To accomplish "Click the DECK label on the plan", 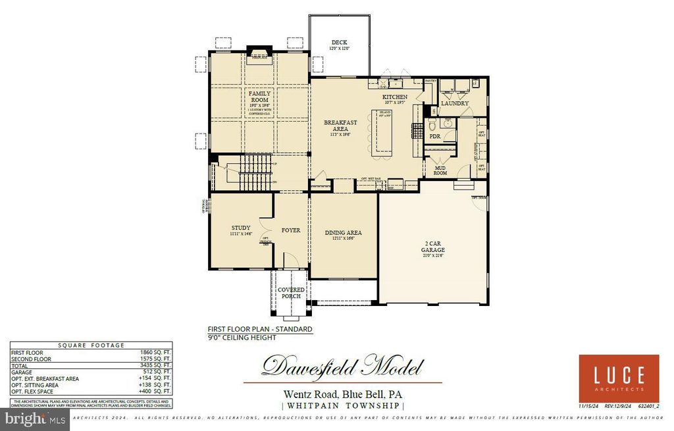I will pos(339,43).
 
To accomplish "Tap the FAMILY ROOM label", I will pos(259,97).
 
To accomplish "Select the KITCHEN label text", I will pos(395,97).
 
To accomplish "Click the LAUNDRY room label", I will pos(454,103).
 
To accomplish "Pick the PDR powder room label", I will pos(434,136).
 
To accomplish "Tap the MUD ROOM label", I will pos(440,170).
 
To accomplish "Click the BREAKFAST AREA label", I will pos(340,126).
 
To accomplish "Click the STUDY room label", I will pos(240,228).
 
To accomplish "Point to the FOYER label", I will pos(291,231).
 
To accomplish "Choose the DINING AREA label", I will pos(343,233).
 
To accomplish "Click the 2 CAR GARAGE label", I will pos(433,247).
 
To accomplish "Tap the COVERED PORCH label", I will pos(291,293).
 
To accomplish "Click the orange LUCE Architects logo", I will pos(619,378).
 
